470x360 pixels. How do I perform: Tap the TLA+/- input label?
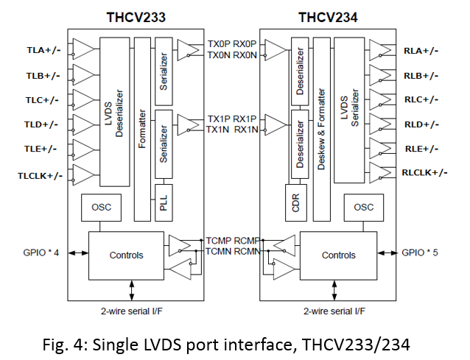pos(43,51)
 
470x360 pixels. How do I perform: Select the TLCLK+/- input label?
pos(40,175)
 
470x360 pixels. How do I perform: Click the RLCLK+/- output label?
pos(425,172)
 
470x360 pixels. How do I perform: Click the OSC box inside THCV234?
pos(363,208)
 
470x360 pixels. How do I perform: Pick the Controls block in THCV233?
pos(126,255)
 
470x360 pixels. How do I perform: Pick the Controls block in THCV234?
pos(339,255)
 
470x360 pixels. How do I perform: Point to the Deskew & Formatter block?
pos(320,130)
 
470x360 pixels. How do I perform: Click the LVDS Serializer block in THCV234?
pos(350,105)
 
